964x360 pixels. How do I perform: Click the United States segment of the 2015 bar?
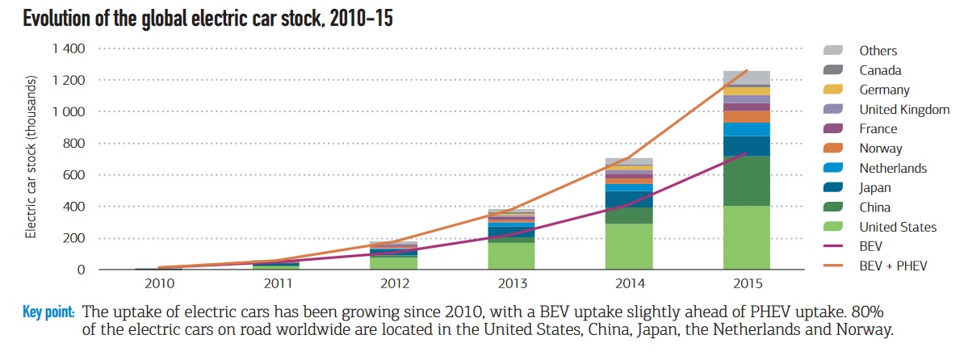(x=746, y=237)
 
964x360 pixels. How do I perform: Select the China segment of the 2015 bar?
(x=746, y=181)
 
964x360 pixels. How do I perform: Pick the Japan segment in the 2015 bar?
(x=746, y=146)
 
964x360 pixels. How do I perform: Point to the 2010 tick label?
(x=158, y=283)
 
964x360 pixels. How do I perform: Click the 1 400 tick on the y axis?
(x=69, y=48)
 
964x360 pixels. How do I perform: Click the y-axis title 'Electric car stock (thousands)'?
(x=31, y=157)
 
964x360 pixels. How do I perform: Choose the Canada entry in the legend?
(x=880, y=70)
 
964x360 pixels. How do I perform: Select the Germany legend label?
(x=884, y=90)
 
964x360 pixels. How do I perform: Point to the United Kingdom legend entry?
(x=903, y=110)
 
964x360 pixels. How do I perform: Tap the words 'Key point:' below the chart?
(x=49, y=312)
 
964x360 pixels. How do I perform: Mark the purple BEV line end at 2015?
(x=746, y=153)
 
